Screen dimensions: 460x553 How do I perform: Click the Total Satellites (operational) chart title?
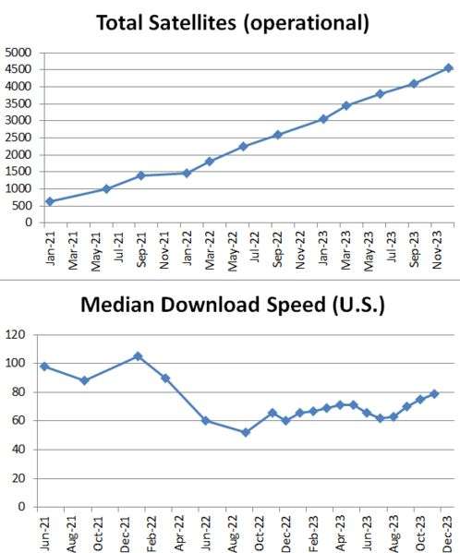click(x=233, y=23)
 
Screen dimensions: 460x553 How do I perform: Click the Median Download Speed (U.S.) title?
click(x=233, y=305)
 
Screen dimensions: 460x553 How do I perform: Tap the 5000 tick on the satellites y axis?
click(x=18, y=53)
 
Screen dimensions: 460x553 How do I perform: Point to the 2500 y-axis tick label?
click(x=18, y=138)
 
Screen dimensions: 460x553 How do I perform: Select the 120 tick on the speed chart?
click(x=16, y=334)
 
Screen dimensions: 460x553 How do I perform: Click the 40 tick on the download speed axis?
click(x=18, y=450)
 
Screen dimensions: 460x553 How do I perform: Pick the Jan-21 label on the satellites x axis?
click(x=50, y=248)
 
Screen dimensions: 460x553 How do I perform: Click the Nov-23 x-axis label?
click(x=437, y=250)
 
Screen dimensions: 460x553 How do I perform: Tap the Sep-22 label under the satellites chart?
click(x=277, y=249)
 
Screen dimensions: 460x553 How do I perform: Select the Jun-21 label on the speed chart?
click(x=45, y=534)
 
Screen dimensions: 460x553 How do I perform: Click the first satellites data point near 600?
click(x=50, y=202)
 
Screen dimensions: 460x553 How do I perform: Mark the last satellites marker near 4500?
click(x=448, y=68)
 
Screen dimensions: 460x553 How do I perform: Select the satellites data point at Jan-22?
click(x=187, y=173)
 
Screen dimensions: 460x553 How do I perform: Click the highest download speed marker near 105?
click(x=138, y=356)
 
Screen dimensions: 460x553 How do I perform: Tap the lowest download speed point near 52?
click(x=246, y=432)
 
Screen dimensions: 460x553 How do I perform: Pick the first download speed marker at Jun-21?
click(x=44, y=367)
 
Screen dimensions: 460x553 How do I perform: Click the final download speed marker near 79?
click(x=434, y=394)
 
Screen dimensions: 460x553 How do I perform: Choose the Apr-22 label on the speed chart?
click(x=179, y=534)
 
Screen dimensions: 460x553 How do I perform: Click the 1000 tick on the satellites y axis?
click(x=18, y=188)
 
